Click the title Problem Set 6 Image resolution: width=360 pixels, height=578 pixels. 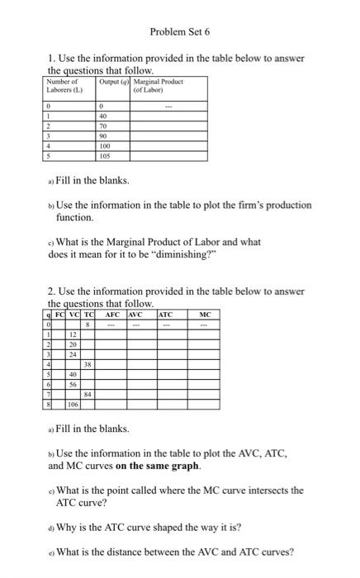click(180, 31)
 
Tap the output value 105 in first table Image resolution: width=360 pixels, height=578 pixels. click(105, 155)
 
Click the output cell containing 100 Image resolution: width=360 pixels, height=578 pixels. click(105, 146)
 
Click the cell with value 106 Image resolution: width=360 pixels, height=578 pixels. click(73, 405)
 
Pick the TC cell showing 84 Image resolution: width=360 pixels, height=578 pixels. click(86, 395)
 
